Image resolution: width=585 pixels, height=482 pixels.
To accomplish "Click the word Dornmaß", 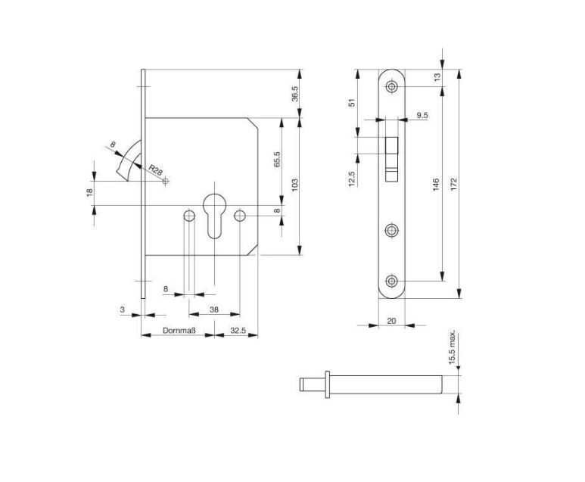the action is (x=179, y=331).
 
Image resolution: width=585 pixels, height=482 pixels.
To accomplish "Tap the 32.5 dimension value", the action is (x=238, y=331).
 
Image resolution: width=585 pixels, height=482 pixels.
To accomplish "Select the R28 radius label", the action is (x=155, y=170).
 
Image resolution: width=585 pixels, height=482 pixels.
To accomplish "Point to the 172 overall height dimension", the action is (x=453, y=185).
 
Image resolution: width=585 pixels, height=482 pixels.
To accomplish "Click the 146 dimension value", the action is (x=436, y=185).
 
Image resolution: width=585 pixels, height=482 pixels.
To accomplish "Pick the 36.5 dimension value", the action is (x=294, y=94).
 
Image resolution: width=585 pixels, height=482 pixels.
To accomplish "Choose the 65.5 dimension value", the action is (x=277, y=160).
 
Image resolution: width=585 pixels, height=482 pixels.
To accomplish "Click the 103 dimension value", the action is (x=294, y=185).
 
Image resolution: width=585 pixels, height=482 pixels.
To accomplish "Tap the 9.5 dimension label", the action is (x=422, y=115).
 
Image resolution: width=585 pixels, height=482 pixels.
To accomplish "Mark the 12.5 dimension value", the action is (x=351, y=179).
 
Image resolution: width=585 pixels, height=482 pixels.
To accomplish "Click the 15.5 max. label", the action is (x=452, y=347).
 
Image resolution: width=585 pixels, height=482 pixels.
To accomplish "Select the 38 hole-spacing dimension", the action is (x=214, y=309).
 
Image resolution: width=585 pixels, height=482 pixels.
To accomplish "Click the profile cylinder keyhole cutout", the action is (x=214, y=216).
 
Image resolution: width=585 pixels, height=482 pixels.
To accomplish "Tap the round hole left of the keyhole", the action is (x=189, y=216).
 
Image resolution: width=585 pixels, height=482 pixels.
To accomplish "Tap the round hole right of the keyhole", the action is (x=239, y=215).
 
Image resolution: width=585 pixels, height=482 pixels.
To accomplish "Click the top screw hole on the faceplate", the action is (x=391, y=87).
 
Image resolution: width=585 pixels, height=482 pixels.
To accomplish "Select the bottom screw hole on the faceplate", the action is (x=391, y=281).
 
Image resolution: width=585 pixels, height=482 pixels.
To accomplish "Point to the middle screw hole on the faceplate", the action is (x=391, y=230).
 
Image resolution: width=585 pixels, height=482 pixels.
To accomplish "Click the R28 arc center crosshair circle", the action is (x=166, y=181).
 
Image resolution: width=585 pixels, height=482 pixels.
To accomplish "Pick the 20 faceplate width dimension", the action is (x=391, y=321).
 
